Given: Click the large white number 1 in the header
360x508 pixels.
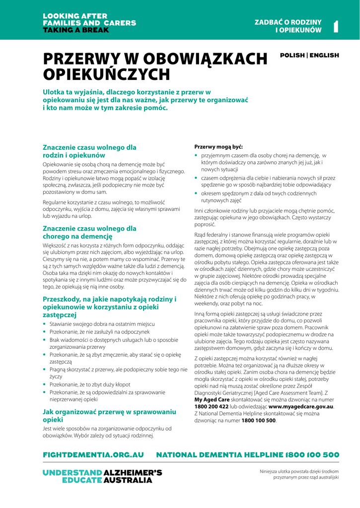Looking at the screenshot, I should [x=336, y=26].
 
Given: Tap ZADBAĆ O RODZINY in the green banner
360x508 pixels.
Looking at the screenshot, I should [x=288, y=22].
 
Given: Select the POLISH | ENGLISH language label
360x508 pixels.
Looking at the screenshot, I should [x=309, y=56].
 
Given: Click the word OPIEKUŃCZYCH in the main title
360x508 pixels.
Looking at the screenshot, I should [x=106, y=74].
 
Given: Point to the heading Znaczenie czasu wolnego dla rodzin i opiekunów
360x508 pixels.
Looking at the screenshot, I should [x=89, y=151].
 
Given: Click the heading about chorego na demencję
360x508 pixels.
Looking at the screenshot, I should [x=89, y=233].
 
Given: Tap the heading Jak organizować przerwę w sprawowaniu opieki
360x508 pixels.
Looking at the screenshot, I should [x=109, y=416].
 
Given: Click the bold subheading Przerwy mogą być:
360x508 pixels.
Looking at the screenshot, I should [x=218, y=147].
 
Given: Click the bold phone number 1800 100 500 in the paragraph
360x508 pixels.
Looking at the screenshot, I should [x=258, y=421].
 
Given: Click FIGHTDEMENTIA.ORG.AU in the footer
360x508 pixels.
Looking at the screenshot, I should [x=93, y=455].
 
